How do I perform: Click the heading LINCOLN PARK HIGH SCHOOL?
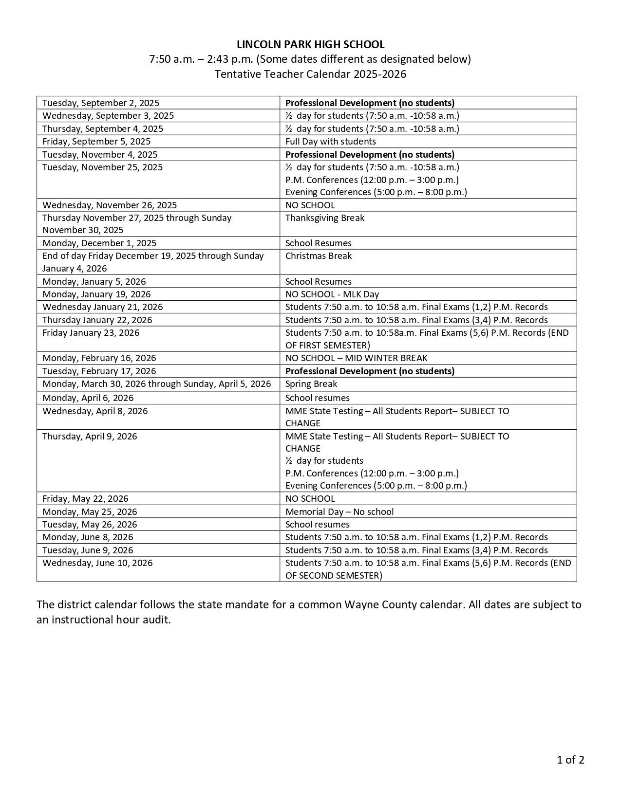(310, 45)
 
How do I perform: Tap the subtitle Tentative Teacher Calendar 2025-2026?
(310, 74)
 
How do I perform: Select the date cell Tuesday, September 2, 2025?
(101, 103)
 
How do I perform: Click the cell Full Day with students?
(330, 142)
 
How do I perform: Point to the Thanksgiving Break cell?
(324, 218)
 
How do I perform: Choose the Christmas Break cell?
(318, 256)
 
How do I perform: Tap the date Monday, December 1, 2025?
(99, 243)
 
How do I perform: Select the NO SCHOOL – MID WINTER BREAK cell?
(356, 358)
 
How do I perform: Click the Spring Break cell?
(311, 384)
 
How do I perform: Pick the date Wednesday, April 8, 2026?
(95, 411)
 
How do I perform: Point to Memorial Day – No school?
(339, 512)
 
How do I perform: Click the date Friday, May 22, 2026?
(85, 499)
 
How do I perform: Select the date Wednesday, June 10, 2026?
(97, 563)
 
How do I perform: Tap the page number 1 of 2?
(570, 760)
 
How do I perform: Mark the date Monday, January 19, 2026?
(96, 294)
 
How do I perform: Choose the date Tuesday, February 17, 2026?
(99, 371)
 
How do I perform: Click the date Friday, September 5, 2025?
(96, 142)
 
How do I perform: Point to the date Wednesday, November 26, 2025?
(110, 205)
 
